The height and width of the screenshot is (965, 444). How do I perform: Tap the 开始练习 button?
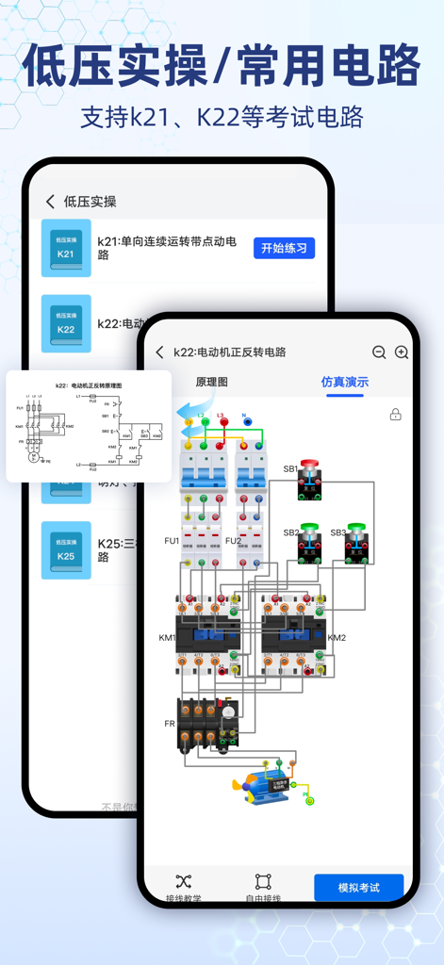coord(284,248)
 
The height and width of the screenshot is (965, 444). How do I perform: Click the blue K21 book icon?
coord(66,248)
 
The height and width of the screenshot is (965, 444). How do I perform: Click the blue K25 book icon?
coord(66,549)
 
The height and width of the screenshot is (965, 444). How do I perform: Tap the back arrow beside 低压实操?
coord(51,202)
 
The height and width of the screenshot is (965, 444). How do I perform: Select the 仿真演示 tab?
coord(345,382)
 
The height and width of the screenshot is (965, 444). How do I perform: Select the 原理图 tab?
coord(211,382)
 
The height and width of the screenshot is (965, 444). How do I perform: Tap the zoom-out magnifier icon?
coord(379,352)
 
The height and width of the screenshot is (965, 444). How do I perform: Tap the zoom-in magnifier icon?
coord(402,352)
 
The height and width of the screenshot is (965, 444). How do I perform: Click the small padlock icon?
coord(396,415)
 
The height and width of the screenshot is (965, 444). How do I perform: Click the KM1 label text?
coord(167,638)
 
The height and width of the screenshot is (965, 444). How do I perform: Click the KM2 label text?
coord(337,638)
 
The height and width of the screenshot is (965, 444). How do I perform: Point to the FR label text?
coord(170,724)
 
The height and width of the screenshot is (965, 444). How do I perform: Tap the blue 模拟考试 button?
coord(358,887)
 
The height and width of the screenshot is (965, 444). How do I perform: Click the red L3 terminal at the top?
coord(223,422)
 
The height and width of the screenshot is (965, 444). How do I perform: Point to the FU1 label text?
coord(172,541)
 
